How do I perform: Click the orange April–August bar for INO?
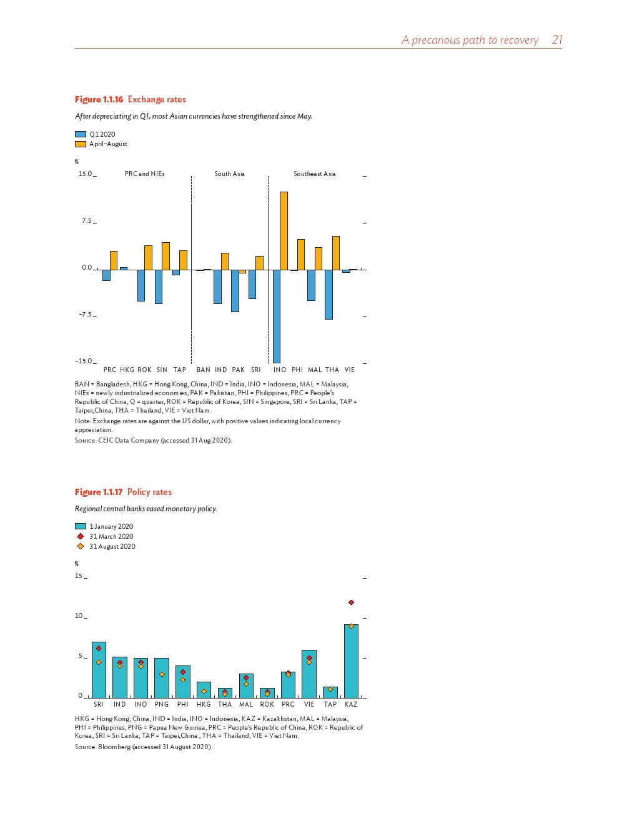[284, 231]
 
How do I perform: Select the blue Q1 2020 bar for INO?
[276, 316]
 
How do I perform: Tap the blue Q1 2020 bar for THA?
[328, 294]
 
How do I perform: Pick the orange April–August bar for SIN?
[165, 256]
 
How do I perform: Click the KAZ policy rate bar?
[351, 661]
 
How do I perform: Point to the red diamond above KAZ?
[351, 602]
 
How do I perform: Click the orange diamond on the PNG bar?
[162, 674]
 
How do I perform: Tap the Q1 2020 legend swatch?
[81, 134]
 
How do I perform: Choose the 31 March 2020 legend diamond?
[81, 536]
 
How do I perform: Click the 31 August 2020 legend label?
[112, 546]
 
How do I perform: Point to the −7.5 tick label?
[85, 315]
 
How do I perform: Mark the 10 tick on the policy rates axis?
[79, 616]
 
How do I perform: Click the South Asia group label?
[230, 174]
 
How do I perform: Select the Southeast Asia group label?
[315, 174]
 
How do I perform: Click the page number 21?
[557, 40]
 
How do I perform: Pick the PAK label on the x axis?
[239, 370]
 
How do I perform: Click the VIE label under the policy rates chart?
[309, 704]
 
